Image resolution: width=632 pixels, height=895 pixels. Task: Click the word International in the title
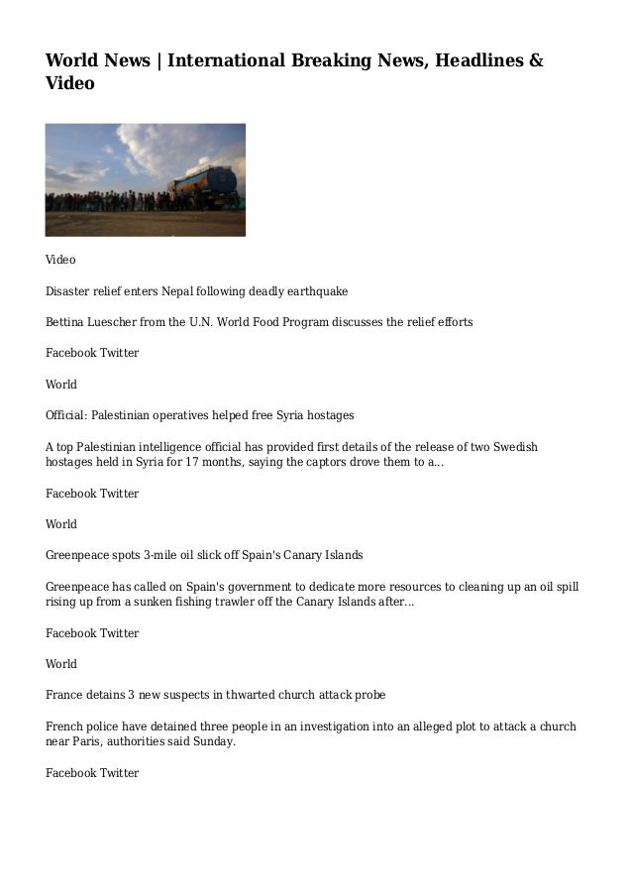coord(224,61)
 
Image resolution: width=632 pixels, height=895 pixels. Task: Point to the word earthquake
coord(315,291)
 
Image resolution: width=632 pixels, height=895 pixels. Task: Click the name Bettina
coord(66,322)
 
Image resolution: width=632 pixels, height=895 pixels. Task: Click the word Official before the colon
coord(68,415)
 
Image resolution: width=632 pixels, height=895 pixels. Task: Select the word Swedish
coord(515,447)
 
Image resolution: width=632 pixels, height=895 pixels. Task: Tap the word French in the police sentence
coord(65,727)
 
